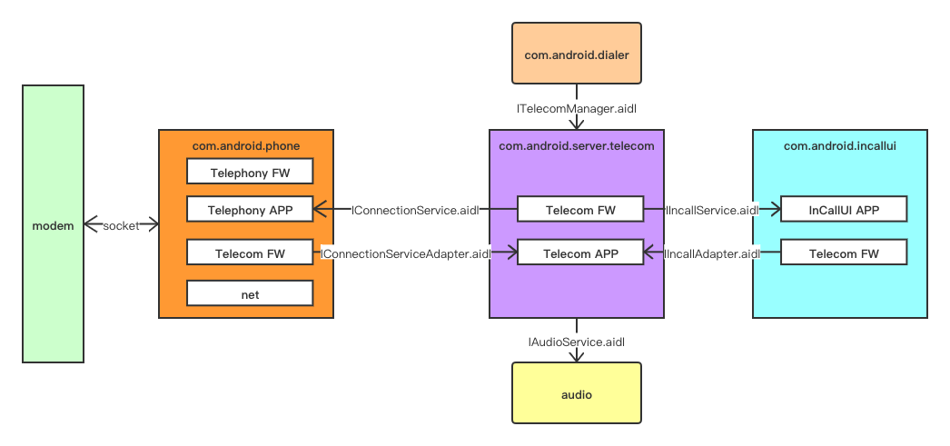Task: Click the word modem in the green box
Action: (53, 224)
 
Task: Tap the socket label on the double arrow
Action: (121, 224)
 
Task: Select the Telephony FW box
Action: (250, 171)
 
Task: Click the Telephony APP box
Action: (250, 209)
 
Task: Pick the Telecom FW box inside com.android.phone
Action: (250, 253)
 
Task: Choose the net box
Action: (250, 293)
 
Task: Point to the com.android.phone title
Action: (246, 145)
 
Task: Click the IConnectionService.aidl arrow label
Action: (415, 210)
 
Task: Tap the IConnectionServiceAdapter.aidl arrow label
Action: (406, 254)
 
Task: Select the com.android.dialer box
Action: (577, 55)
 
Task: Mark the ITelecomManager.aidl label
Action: (577, 108)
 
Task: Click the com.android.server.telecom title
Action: (577, 145)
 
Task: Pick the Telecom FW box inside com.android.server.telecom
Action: (580, 210)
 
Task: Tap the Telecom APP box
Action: (580, 253)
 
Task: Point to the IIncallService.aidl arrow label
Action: (712, 210)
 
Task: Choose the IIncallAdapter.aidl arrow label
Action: (712, 254)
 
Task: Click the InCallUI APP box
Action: (844, 210)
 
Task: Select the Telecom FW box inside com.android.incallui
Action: (844, 253)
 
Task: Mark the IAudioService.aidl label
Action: (577, 342)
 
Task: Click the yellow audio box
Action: (577, 394)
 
